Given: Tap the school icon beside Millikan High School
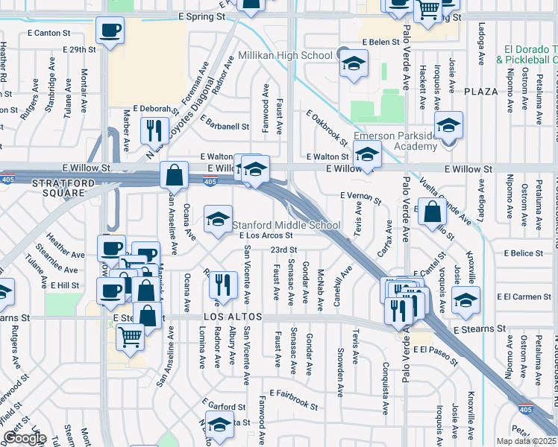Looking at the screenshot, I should tap(354, 65).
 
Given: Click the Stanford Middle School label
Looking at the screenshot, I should tap(286, 225).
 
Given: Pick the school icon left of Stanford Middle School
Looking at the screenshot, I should tap(218, 220).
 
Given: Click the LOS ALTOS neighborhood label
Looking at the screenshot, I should tap(233, 317).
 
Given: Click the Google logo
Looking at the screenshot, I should tap(25, 437).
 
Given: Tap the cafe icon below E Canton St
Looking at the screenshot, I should tap(110, 31).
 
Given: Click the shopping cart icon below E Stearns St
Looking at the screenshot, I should tap(130, 339).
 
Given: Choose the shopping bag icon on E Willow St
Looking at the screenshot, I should tap(174, 177).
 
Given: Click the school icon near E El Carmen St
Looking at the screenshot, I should tap(465, 301).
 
